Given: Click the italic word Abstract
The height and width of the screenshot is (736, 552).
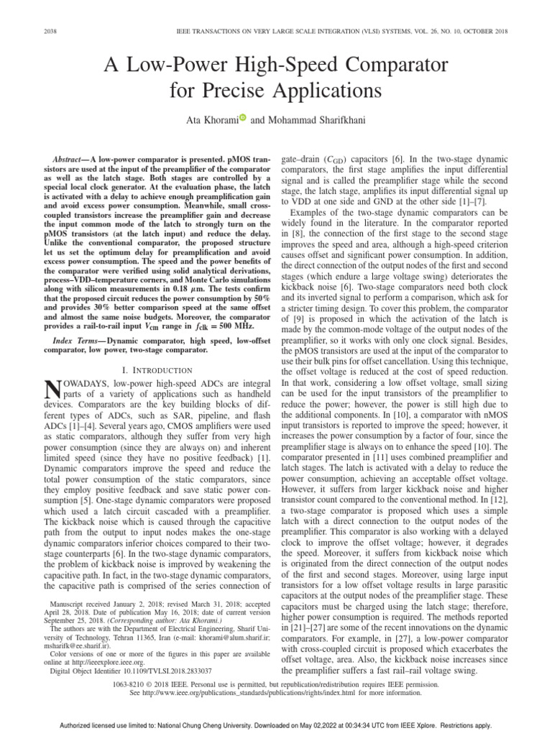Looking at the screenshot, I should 70,157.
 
